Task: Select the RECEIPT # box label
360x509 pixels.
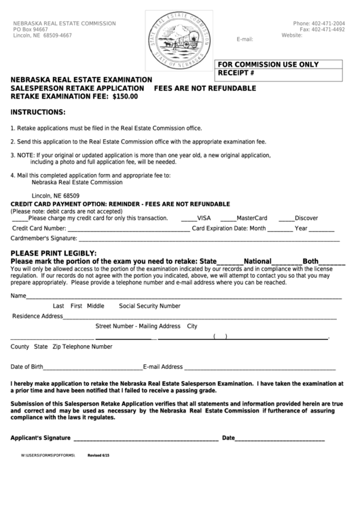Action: coord(236,72)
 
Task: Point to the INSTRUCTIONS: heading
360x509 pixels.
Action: coord(38,111)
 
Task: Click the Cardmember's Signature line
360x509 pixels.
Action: coord(204,239)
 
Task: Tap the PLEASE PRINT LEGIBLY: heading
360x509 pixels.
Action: coord(53,253)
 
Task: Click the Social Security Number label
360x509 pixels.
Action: coord(150,306)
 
